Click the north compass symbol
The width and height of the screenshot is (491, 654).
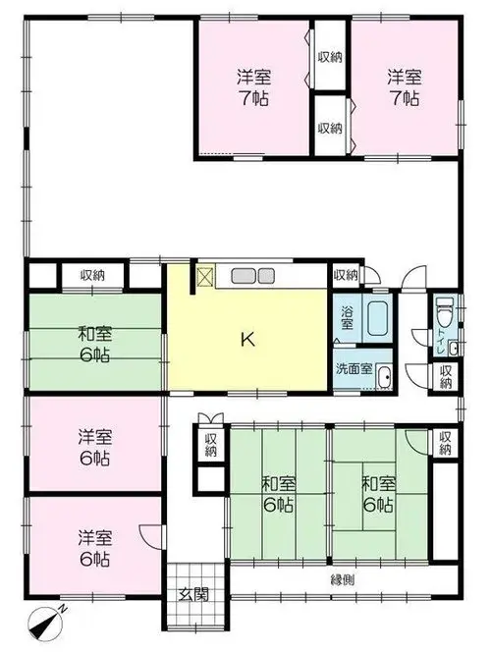45,625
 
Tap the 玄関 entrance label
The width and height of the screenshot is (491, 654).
194,594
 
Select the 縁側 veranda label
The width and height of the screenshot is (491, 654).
343,579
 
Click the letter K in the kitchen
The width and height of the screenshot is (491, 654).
247,340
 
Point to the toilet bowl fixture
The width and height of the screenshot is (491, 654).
444,310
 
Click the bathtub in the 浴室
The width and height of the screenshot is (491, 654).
378,318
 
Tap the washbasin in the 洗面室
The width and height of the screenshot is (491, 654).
383,376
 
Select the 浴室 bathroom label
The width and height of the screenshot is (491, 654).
347,318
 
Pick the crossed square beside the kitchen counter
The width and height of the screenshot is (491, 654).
205,275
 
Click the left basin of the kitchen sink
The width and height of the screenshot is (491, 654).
244,276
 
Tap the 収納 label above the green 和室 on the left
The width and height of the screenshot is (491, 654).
92,275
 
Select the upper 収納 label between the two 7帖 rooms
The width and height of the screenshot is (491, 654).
330,57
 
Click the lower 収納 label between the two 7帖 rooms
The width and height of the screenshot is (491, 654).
330,128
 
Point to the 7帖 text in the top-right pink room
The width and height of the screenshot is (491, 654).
404,98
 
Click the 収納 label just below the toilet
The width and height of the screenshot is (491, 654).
446,377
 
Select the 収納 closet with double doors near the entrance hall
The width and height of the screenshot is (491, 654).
211,444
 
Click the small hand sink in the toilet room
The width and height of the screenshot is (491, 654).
453,349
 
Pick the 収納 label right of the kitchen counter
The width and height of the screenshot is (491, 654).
346,275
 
